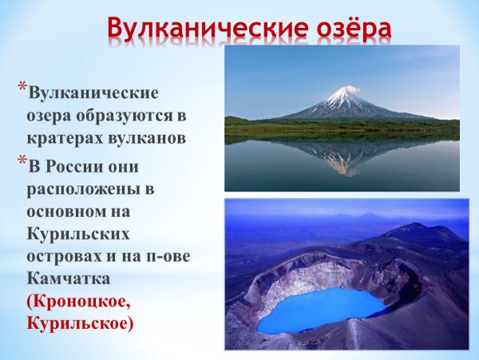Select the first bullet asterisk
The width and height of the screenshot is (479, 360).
[x=22, y=86]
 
